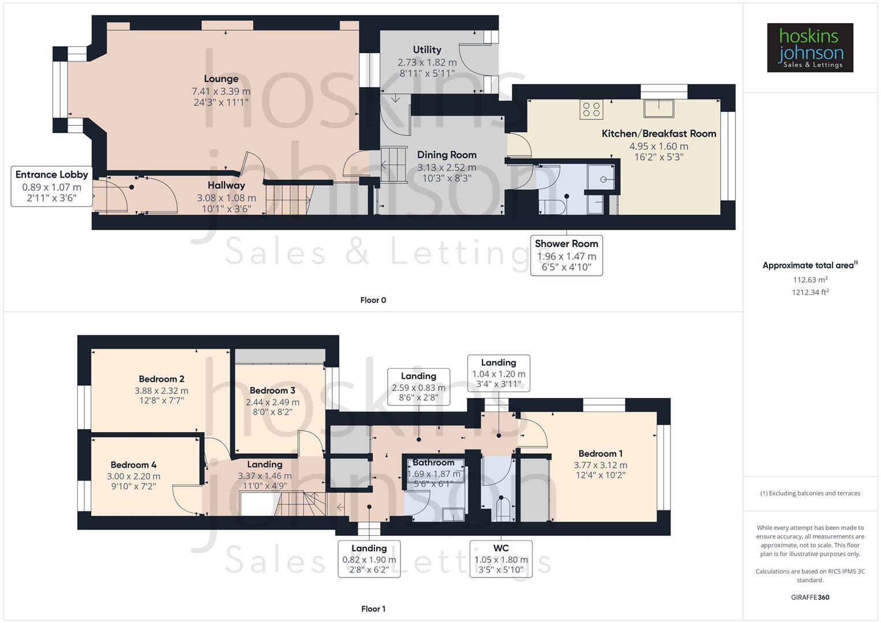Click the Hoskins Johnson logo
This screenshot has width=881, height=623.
point(809,47)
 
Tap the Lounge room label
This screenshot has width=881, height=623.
point(221,79)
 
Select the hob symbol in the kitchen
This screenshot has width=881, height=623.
point(591,110)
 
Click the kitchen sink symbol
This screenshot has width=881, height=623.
point(659,108)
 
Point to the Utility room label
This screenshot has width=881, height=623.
point(427,50)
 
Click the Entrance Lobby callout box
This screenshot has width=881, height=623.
point(52,186)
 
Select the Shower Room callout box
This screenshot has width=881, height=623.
point(567,255)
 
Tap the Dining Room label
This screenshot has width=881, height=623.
point(447,155)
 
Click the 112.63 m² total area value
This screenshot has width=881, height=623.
point(810,280)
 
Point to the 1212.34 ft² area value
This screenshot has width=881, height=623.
point(810,292)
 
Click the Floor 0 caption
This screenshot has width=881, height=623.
point(373,300)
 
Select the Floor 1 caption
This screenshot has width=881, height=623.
point(373,609)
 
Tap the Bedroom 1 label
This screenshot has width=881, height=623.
point(600,453)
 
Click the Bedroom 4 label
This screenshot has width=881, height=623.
point(133,465)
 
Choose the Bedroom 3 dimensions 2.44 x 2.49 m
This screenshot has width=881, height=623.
point(272,402)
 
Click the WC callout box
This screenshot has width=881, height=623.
point(501,558)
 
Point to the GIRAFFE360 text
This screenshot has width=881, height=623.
point(810,597)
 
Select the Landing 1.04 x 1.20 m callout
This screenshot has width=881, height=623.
point(498,373)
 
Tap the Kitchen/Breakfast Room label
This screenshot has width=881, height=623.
point(659,133)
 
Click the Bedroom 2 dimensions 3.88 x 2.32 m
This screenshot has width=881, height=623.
point(162,391)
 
